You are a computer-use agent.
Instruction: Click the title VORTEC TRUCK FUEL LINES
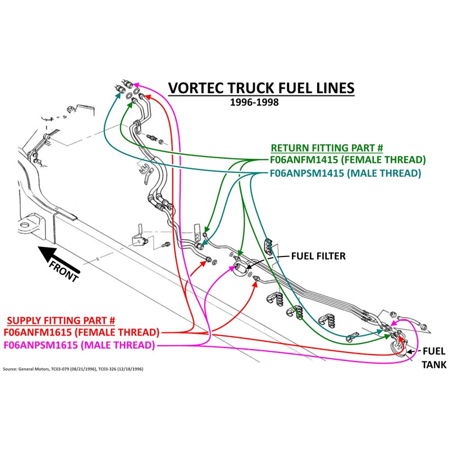262,88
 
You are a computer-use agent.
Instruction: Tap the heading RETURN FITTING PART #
327,148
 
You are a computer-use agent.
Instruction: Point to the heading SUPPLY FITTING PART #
61,320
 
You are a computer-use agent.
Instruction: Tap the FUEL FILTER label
318,256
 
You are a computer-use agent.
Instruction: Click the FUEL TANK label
434,358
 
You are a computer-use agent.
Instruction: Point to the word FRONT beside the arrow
64,271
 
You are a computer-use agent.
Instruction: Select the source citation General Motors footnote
73,369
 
